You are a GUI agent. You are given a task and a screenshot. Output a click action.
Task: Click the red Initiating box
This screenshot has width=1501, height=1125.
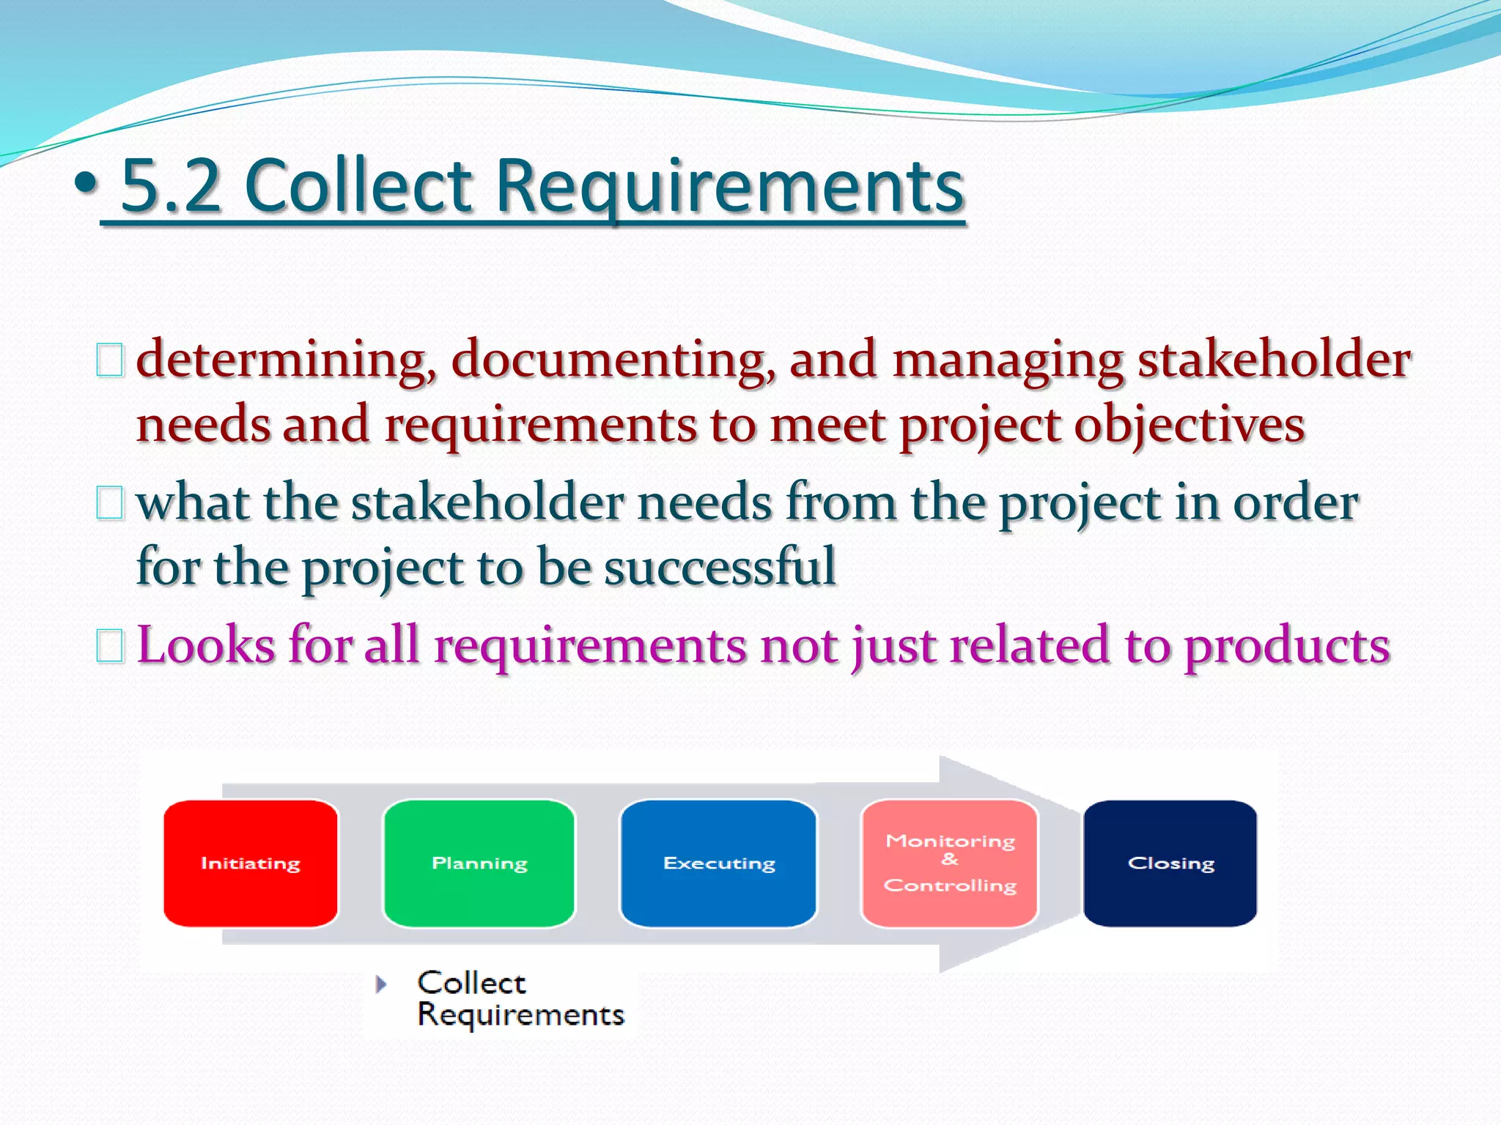tap(251, 864)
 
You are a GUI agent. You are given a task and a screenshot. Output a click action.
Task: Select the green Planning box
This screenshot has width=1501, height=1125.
tap(479, 864)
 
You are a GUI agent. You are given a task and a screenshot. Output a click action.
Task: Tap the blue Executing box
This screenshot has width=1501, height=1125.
tap(718, 864)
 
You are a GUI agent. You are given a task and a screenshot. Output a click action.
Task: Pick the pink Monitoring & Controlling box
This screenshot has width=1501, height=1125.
tap(950, 864)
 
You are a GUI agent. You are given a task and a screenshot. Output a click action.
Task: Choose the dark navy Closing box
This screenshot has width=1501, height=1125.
tap(1170, 864)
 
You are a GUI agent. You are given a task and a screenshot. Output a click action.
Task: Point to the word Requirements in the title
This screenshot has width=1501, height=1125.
tap(730, 187)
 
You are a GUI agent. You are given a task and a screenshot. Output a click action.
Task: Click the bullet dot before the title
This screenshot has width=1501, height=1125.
tap(86, 183)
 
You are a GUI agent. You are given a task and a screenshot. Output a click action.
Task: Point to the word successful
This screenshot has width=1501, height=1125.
tap(720, 567)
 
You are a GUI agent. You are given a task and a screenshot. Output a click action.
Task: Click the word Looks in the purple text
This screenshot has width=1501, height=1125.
tap(206, 645)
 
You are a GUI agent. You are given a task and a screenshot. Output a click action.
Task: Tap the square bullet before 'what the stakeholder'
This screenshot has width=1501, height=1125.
tap(110, 504)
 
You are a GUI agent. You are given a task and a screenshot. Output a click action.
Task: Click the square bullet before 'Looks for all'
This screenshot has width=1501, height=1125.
tap(110, 646)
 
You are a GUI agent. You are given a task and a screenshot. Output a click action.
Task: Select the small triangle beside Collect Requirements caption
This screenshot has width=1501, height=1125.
tap(380, 984)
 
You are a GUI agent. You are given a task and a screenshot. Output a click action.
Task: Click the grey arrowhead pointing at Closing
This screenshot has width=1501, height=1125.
tap(1011, 864)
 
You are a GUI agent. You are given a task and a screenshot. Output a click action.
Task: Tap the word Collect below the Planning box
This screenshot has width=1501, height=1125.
tap(471, 983)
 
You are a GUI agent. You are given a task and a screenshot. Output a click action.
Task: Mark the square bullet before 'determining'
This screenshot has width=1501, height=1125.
tap(110, 361)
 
